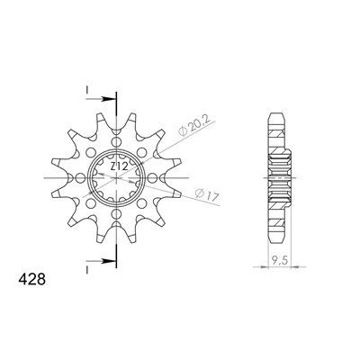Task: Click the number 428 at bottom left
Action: click(31, 279)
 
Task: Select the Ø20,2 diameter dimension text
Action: click(196, 127)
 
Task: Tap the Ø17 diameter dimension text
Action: click(207, 195)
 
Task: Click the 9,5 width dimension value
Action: click(279, 260)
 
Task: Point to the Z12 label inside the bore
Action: click(120, 166)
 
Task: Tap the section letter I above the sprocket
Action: click(86, 89)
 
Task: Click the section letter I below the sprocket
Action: click(86, 270)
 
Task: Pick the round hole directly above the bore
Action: click(116, 142)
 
